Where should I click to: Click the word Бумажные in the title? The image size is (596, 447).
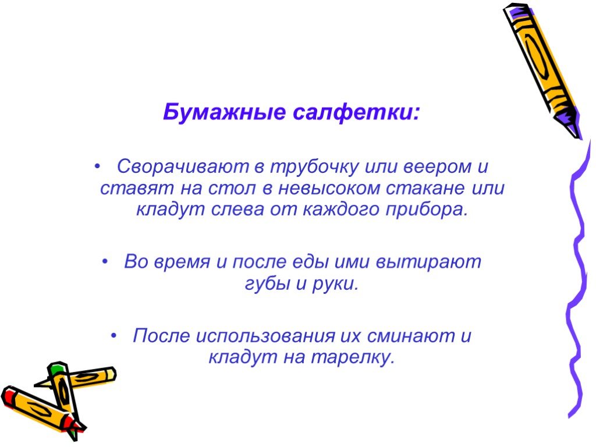[224, 112]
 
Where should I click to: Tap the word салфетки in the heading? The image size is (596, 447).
[356, 112]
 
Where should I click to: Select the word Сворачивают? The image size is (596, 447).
[183, 166]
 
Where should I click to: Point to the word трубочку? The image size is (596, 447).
[314, 167]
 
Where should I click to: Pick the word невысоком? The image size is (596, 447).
[329, 188]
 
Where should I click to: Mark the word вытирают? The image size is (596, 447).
[428, 262]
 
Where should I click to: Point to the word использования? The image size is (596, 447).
[265, 336]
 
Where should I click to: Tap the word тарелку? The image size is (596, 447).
[353, 357]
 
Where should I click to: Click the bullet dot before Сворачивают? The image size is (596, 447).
[98, 167]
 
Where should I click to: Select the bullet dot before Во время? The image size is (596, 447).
[105, 262]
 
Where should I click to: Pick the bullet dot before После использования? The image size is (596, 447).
[113, 336]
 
